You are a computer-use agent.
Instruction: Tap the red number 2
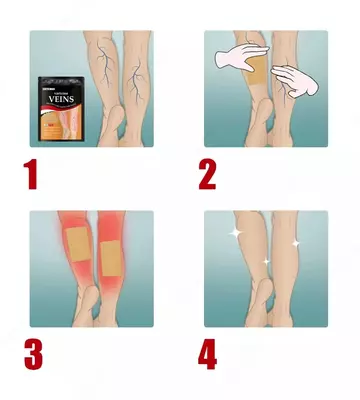click(x=207, y=173)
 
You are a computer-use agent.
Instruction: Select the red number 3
click(x=33, y=355)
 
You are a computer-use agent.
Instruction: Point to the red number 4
click(x=209, y=355)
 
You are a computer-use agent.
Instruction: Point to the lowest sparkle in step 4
click(x=266, y=262)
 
